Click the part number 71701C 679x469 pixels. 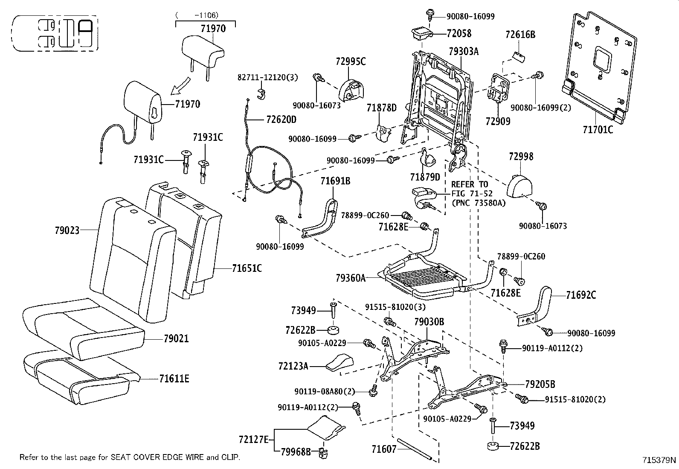(x=598, y=129)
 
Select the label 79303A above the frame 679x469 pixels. (x=464, y=52)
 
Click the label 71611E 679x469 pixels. (x=174, y=378)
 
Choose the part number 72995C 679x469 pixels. (x=351, y=61)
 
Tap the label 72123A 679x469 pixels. (x=293, y=366)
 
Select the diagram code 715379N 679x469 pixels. (x=659, y=460)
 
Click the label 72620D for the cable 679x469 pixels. (x=281, y=119)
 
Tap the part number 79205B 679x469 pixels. (x=540, y=384)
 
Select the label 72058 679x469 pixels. (x=459, y=33)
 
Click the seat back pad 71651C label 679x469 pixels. (x=247, y=268)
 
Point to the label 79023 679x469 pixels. (x=67, y=230)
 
